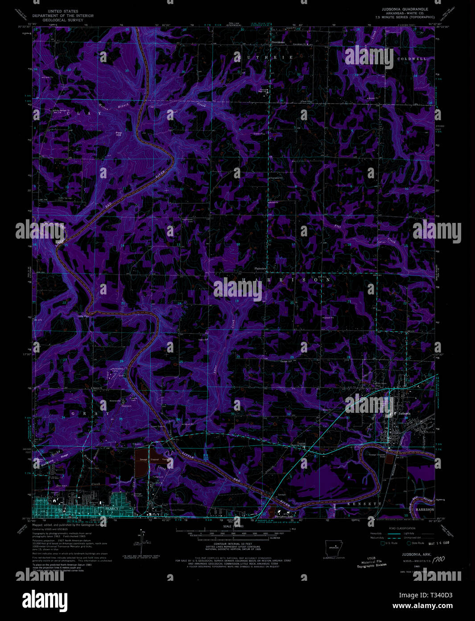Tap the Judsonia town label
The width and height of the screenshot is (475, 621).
(x=404, y=414)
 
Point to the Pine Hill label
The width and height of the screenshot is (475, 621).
(x=119, y=134)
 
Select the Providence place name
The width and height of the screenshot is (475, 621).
(x=278, y=42)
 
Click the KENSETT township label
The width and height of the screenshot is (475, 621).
(x=364, y=504)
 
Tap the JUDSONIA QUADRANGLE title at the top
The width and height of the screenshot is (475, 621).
(x=404, y=9)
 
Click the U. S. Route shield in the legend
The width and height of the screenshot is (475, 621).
(x=383, y=543)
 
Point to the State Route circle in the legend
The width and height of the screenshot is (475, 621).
(x=408, y=543)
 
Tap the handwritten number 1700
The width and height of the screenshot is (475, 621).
(x=440, y=559)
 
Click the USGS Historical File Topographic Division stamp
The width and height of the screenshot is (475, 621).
(x=371, y=562)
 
